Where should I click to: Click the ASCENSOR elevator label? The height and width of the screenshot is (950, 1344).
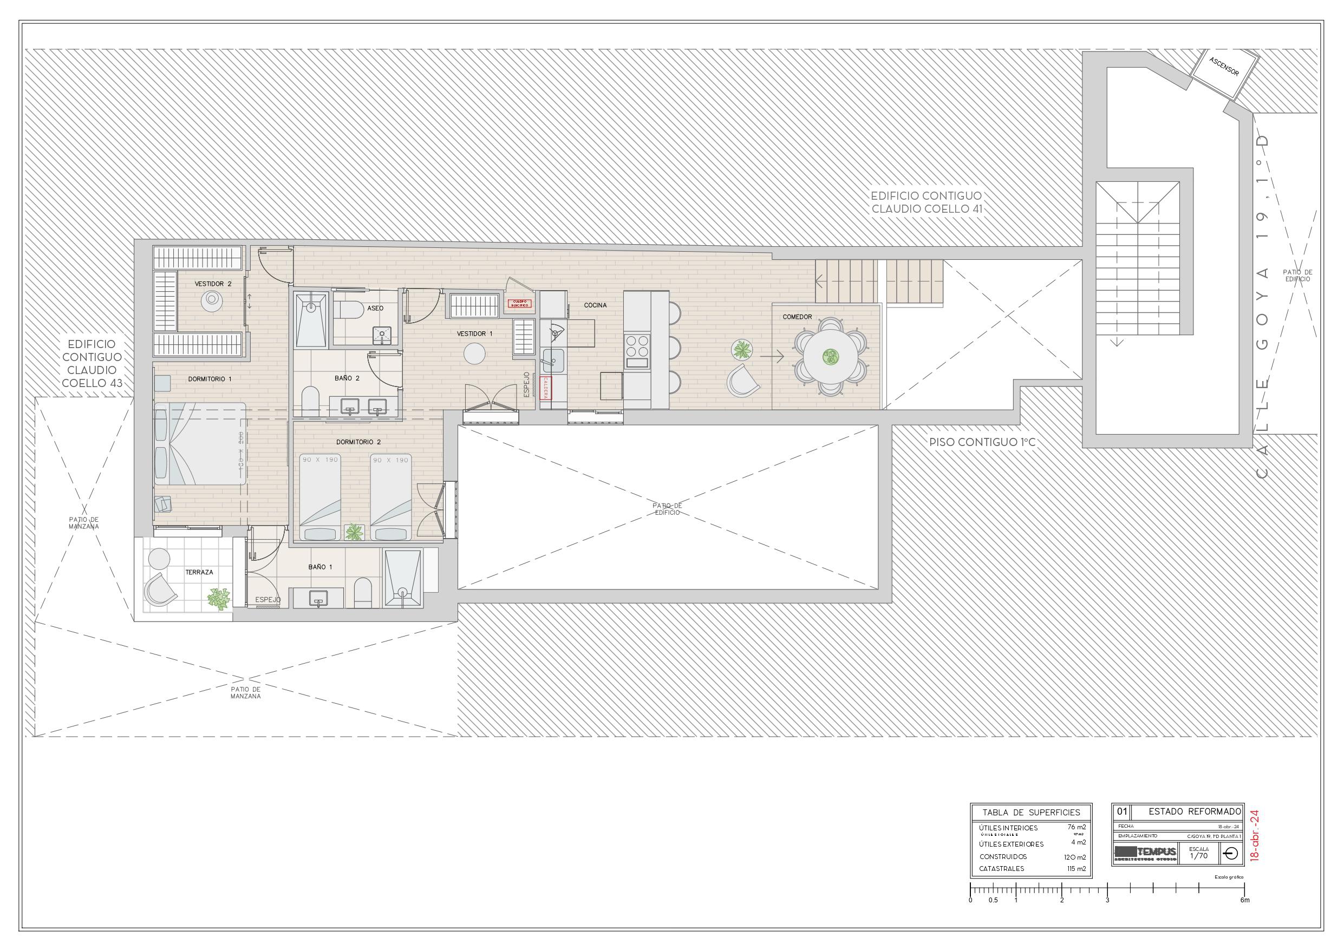tap(1224, 67)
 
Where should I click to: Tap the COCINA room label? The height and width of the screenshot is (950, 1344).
tap(595, 305)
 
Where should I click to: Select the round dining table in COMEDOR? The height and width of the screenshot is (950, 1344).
tap(830, 356)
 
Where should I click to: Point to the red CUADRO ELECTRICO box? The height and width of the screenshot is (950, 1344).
tap(520, 304)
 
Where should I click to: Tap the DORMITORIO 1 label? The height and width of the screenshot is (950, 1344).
tap(210, 379)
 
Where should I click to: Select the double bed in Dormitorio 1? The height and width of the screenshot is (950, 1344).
tap(200, 444)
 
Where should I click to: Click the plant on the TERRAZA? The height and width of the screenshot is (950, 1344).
tap(219, 599)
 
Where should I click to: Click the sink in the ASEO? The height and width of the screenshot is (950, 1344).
tap(382, 335)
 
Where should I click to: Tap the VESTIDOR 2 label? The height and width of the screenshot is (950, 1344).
tap(213, 284)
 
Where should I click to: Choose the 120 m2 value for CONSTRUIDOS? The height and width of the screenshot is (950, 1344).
tap(1075, 857)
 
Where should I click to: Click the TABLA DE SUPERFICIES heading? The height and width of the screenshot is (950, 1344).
tap(1031, 813)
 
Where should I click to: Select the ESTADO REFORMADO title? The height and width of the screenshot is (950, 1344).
tap(1195, 811)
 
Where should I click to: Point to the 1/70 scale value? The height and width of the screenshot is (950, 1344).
tap(1199, 856)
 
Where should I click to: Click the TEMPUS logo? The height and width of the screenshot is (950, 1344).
tap(1145, 852)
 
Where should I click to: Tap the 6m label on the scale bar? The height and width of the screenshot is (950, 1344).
tap(1244, 900)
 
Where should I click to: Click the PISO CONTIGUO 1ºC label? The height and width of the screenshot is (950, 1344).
tap(982, 442)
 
